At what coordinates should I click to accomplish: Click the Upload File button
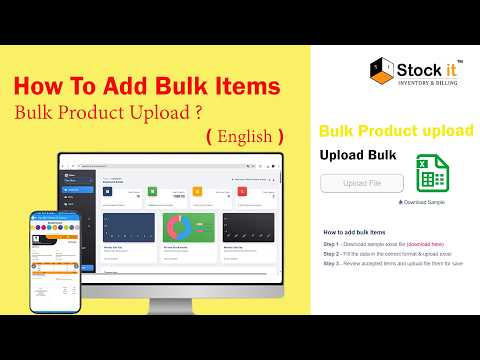point(362,184)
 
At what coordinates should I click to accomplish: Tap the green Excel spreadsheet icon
point(430,176)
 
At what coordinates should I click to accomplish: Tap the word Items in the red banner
point(254,87)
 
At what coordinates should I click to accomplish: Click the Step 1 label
point(332,243)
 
